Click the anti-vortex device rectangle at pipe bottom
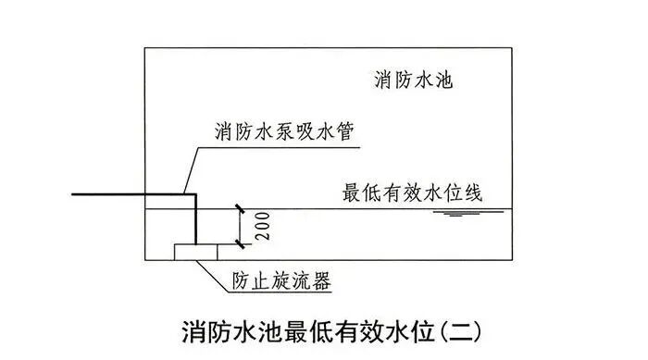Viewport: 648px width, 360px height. pos(196,250)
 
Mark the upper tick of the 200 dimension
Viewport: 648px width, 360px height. pos(239,208)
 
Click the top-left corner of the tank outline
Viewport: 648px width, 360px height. pos(145,47)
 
